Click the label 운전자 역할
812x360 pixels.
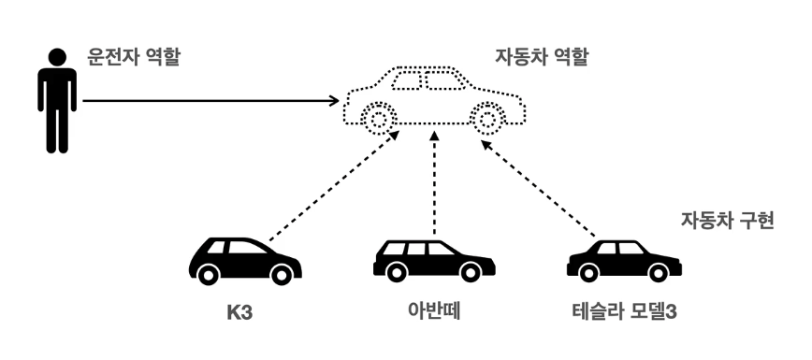132,56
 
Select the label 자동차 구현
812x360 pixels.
726,223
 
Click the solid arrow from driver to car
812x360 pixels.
206,100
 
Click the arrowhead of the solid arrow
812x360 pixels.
334,100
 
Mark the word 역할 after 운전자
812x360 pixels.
161,56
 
